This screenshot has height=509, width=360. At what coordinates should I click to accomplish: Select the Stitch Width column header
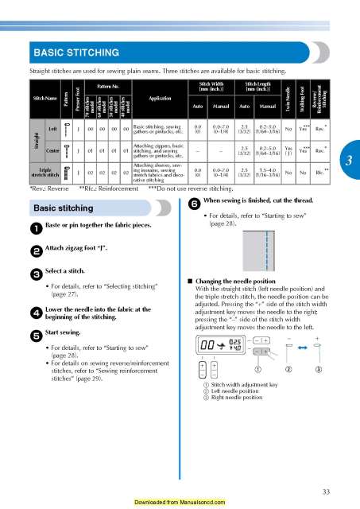206,85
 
